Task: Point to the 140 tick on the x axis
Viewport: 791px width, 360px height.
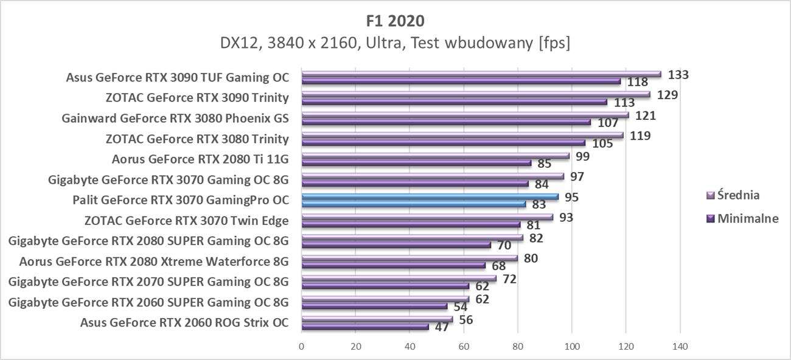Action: click(680, 347)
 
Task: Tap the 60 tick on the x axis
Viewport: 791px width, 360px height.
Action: click(464, 347)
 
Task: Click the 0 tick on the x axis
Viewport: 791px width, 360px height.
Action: click(302, 347)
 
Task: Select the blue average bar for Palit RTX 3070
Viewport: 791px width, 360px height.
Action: click(430, 196)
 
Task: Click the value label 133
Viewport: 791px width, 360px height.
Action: click(678, 75)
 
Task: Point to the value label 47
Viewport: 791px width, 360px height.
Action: click(442, 327)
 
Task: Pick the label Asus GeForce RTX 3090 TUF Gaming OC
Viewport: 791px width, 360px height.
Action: click(177, 77)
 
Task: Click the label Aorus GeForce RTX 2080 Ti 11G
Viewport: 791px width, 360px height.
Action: click(200, 159)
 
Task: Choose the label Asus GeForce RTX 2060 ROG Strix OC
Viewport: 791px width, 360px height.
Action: click(184, 322)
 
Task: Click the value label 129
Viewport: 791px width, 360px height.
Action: click(667, 95)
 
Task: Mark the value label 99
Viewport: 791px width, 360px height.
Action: click(582, 156)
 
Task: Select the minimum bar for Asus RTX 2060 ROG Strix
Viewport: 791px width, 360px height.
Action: click(365, 327)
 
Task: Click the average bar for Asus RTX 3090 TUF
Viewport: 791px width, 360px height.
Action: click(481, 75)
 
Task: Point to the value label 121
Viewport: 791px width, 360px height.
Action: click(646, 116)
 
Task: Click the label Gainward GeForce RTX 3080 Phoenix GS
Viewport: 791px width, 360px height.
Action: click(175, 119)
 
